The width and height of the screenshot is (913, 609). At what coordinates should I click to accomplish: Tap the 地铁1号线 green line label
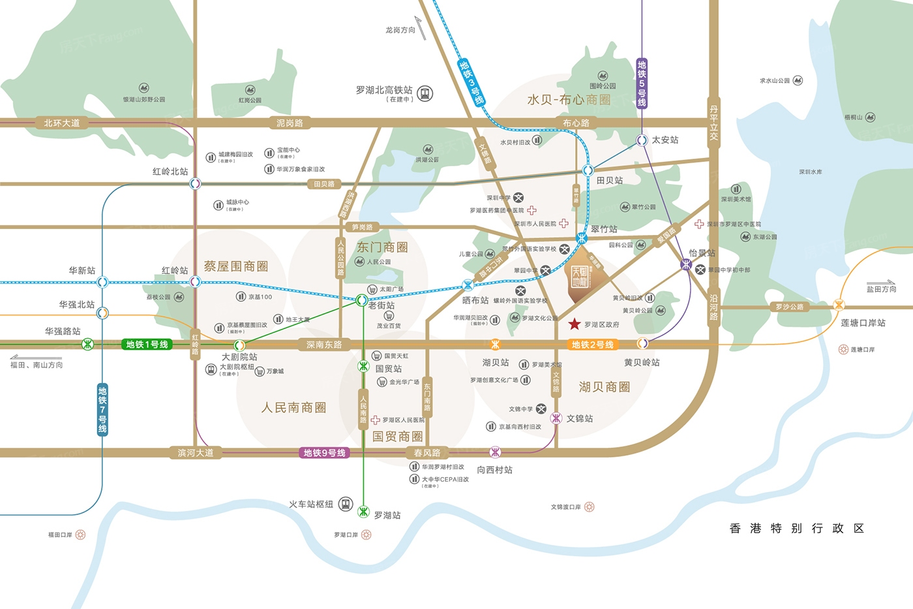click(x=147, y=345)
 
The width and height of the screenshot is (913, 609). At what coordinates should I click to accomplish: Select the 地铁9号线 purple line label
click(x=324, y=453)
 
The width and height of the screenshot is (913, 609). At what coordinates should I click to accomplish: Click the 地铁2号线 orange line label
click(x=592, y=345)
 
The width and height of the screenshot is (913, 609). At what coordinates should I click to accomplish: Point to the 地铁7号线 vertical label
click(x=102, y=409)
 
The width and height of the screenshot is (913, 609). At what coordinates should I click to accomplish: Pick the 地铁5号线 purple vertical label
click(x=642, y=83)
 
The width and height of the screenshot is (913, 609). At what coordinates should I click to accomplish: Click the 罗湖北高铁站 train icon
click(x=425, y=93)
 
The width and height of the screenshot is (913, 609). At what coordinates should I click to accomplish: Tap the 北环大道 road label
click(x=62, y=123)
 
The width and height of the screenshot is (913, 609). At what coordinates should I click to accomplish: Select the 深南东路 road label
click(x=324, y=345)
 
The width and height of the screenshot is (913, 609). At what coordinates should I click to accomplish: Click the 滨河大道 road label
click(x=196, y=453)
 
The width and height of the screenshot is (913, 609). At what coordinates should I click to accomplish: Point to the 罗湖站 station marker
click(x=364, y=512)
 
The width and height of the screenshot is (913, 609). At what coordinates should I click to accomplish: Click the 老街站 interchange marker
click(x=361, y=300)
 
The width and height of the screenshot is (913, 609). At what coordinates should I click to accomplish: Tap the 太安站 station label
click(x=665, y=140)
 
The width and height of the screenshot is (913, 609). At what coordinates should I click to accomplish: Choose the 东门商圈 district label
click(x=382, y=247)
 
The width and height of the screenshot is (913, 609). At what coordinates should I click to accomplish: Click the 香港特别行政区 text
click(x=796, y=528)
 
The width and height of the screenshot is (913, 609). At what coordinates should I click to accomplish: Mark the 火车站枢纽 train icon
click(x=346, y=504)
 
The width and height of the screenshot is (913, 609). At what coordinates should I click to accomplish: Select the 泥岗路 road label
click(x=290, y=123)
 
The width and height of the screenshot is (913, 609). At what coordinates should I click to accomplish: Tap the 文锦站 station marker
click(x=556, y=418)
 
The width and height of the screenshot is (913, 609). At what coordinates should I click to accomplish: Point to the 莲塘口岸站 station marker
click(x=839, y=305)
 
